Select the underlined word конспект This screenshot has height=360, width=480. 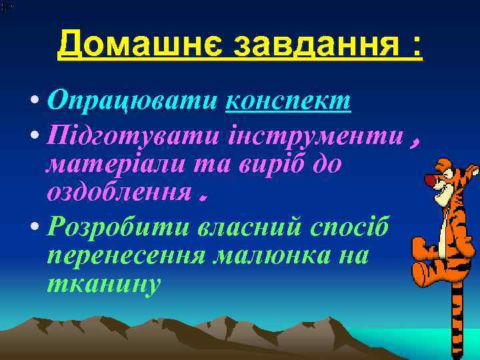click(x=289, y=101)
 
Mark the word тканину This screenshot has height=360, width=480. click(x=103, y=283)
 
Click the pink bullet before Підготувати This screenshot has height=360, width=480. click(x=35, y=137)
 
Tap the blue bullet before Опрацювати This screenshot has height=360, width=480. click(x=35, y=102)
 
